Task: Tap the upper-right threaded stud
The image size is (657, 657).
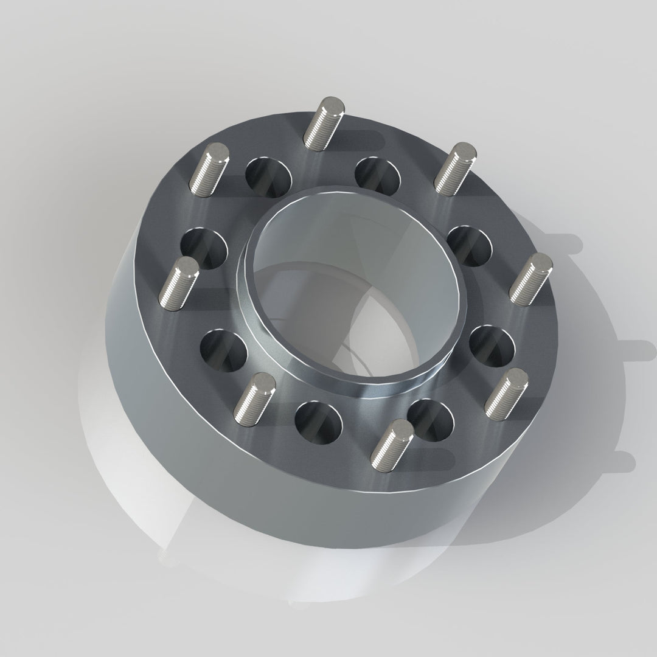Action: [x=456, y=169]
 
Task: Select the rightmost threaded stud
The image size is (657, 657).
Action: [x=531, y=279]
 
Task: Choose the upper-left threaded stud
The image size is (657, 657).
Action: [x=210, y=170]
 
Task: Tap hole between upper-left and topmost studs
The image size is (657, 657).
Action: [x=268, y=177]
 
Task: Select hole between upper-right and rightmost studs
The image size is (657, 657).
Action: [x=469, y=245]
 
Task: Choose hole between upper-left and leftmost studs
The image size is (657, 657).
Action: [x=204, y=248]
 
